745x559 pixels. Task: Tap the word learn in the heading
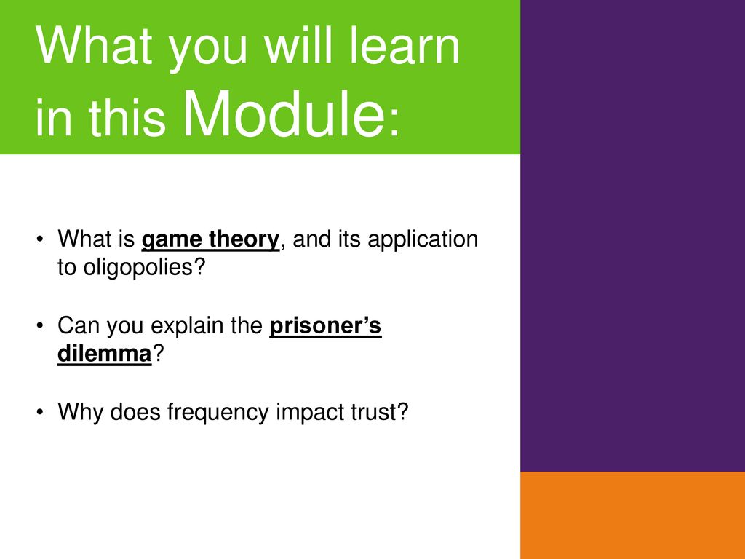click(405, 46)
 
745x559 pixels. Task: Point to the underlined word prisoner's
click(325, 326)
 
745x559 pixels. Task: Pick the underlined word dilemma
click(105, 354)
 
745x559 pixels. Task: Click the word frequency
click(218, 413)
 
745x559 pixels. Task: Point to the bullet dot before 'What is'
click(40, 239)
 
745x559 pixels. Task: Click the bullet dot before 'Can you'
click(40, 325)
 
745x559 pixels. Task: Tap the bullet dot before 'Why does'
click(40, 412)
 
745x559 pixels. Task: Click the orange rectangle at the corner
click(632, 515)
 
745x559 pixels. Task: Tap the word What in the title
click(94, 46)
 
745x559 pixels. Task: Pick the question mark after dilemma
click(158, 354)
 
